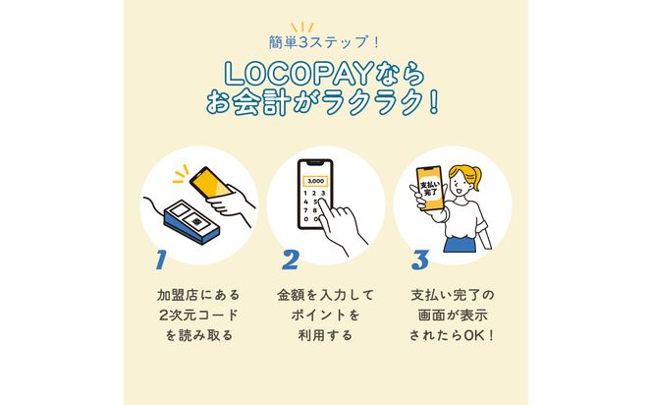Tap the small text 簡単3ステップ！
[325, 42]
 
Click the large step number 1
[162, 260]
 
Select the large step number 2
[291, 260]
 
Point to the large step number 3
[420, 260]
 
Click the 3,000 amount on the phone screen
[315, 181]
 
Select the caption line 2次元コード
[197, 316]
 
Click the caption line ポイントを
[325, 316]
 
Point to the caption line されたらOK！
[453, 336]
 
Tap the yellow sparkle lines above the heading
[325, 24]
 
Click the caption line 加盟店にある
[197, 295]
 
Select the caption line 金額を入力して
[325, 295]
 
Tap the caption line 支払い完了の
[453, 295]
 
